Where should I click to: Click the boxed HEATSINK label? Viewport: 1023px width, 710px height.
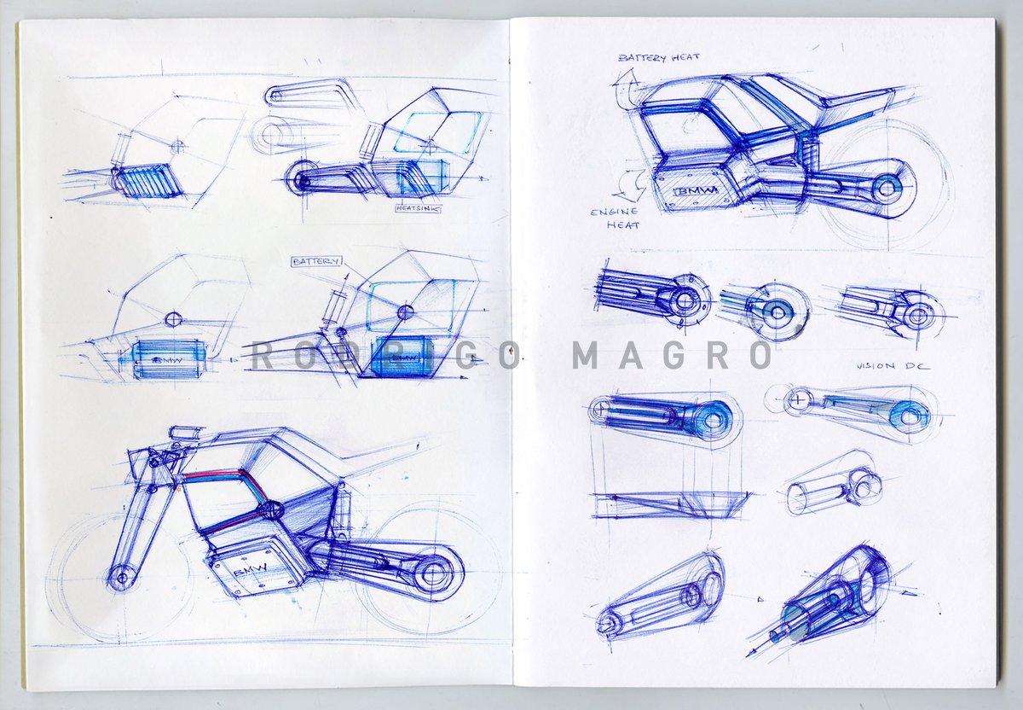[x=417, y=207]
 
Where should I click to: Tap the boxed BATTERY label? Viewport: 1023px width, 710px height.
[x=316, y=261]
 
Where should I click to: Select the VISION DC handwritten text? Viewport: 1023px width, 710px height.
[x=893, y=366]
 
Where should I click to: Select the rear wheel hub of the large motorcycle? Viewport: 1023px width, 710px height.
[x=432, y=571]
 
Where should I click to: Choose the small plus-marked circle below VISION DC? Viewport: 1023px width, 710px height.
[x=798, y=398]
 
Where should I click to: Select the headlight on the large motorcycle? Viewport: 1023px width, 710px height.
[x=182, y=433]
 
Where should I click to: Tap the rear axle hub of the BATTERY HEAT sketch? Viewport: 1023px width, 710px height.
[x=887, y=186]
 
